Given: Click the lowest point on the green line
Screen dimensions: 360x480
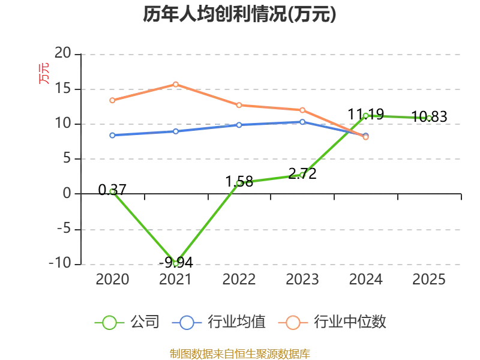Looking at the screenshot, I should pyautogui.click(x=176, y=263).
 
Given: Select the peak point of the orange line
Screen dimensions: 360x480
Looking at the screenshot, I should pyautogui.click(x=176, y=84).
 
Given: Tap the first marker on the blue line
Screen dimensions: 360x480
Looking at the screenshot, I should pyautogui.click(x=112, y=135).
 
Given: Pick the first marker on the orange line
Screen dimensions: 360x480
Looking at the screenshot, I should pyautogui.click(x=112, y=100).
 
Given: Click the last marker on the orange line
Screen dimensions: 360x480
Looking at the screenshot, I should pyautogui.click(x=366, y=137).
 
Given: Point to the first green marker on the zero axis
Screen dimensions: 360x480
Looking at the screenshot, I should pyautogui.click(x=112, y=191).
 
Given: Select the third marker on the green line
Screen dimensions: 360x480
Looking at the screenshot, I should pyautogui.click(x=239, y=182).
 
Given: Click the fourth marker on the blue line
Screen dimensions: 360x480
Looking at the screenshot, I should pyautogui.click(x=302, y=122).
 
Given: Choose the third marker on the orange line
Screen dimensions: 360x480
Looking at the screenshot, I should pyautogui.click(x=239, y=105).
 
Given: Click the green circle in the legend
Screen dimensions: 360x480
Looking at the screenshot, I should pyautogui.click(x=109, y=323).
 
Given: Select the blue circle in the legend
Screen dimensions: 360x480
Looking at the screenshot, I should pyautogui.click(x=187, y=323).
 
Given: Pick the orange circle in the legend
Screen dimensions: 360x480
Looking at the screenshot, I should pyautogui.click(x=293, y=323).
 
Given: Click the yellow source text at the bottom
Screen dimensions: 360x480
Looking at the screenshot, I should pyautogui.click(x=239, y=353).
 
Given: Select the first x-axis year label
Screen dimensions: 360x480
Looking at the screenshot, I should pyautogui.click(x=112, y=280).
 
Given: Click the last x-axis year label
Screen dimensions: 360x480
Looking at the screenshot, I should pyautogui.click(x=430, y=280).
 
